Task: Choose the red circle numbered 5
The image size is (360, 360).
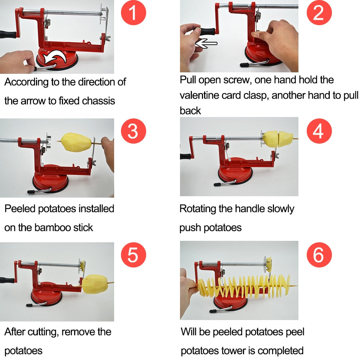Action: click(133, 255)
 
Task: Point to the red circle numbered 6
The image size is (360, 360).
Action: click(318, 255)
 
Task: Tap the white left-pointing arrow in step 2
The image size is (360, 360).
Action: click(206, 44)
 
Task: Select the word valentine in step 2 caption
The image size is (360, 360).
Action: click(201, 95)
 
